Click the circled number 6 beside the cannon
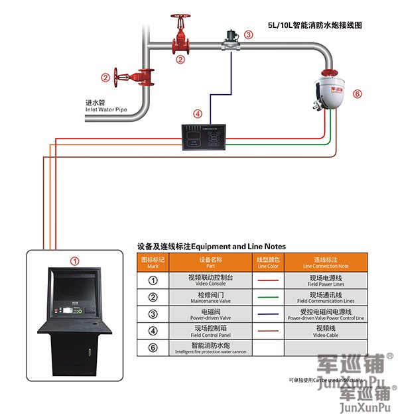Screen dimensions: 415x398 point(358,94)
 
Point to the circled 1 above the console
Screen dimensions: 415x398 point(75,261)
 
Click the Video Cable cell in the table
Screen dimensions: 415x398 point(325,330)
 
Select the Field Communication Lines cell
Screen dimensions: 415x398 point(325,296)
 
